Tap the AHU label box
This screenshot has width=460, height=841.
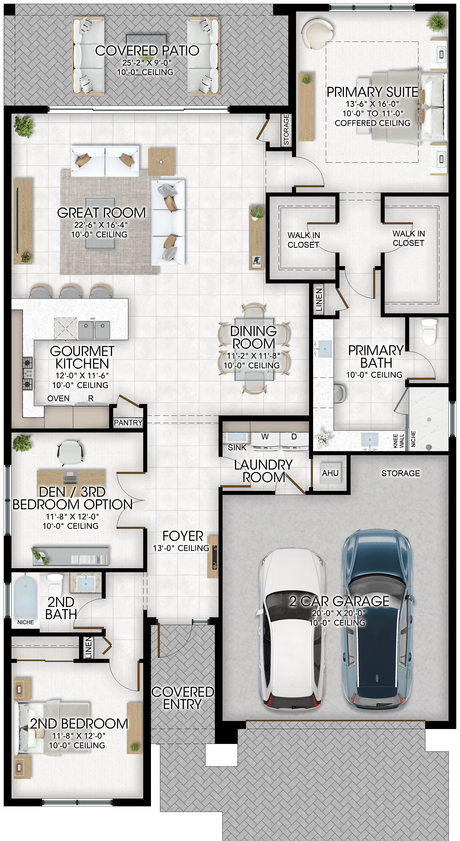330,473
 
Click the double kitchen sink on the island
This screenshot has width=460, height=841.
94,330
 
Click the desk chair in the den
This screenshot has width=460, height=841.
70,452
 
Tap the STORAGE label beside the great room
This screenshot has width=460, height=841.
286,130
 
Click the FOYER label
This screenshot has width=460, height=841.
183,536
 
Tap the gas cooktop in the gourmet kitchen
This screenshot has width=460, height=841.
27,373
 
